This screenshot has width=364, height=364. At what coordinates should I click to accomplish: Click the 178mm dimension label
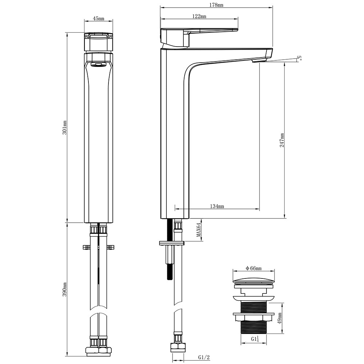tap(216, 5)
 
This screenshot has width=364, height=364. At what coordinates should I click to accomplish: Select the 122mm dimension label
tap(199, 16)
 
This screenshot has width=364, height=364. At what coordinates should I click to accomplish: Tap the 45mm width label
tap(98, 18)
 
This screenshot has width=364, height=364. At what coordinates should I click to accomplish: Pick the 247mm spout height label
tap(282, 140)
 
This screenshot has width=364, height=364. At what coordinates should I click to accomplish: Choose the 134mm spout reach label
tap(217, 206)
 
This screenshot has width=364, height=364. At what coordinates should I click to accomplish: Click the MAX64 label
tap(198, 230)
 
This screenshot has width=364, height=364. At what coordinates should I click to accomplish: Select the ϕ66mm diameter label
tap(253, 268)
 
